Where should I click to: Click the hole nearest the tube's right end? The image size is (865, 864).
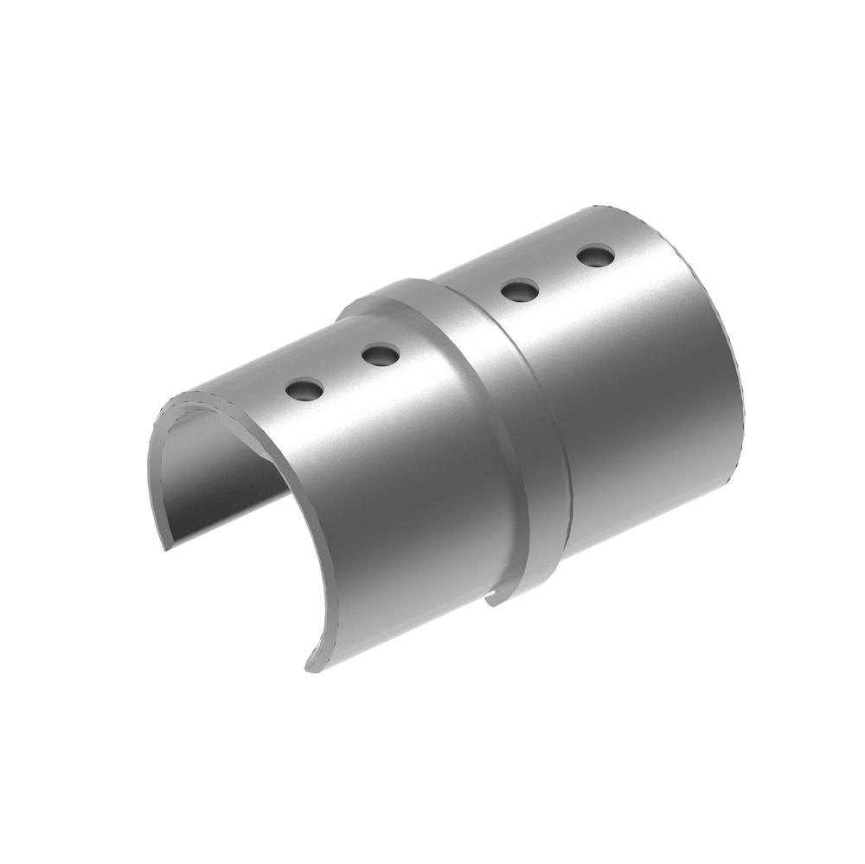595,256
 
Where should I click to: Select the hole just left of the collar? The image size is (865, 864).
381,354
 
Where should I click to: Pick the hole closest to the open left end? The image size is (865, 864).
305,391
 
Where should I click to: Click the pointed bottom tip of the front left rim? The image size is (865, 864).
309,667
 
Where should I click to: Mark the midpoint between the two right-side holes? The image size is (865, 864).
557,273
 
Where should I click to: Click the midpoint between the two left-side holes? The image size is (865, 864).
343,373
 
